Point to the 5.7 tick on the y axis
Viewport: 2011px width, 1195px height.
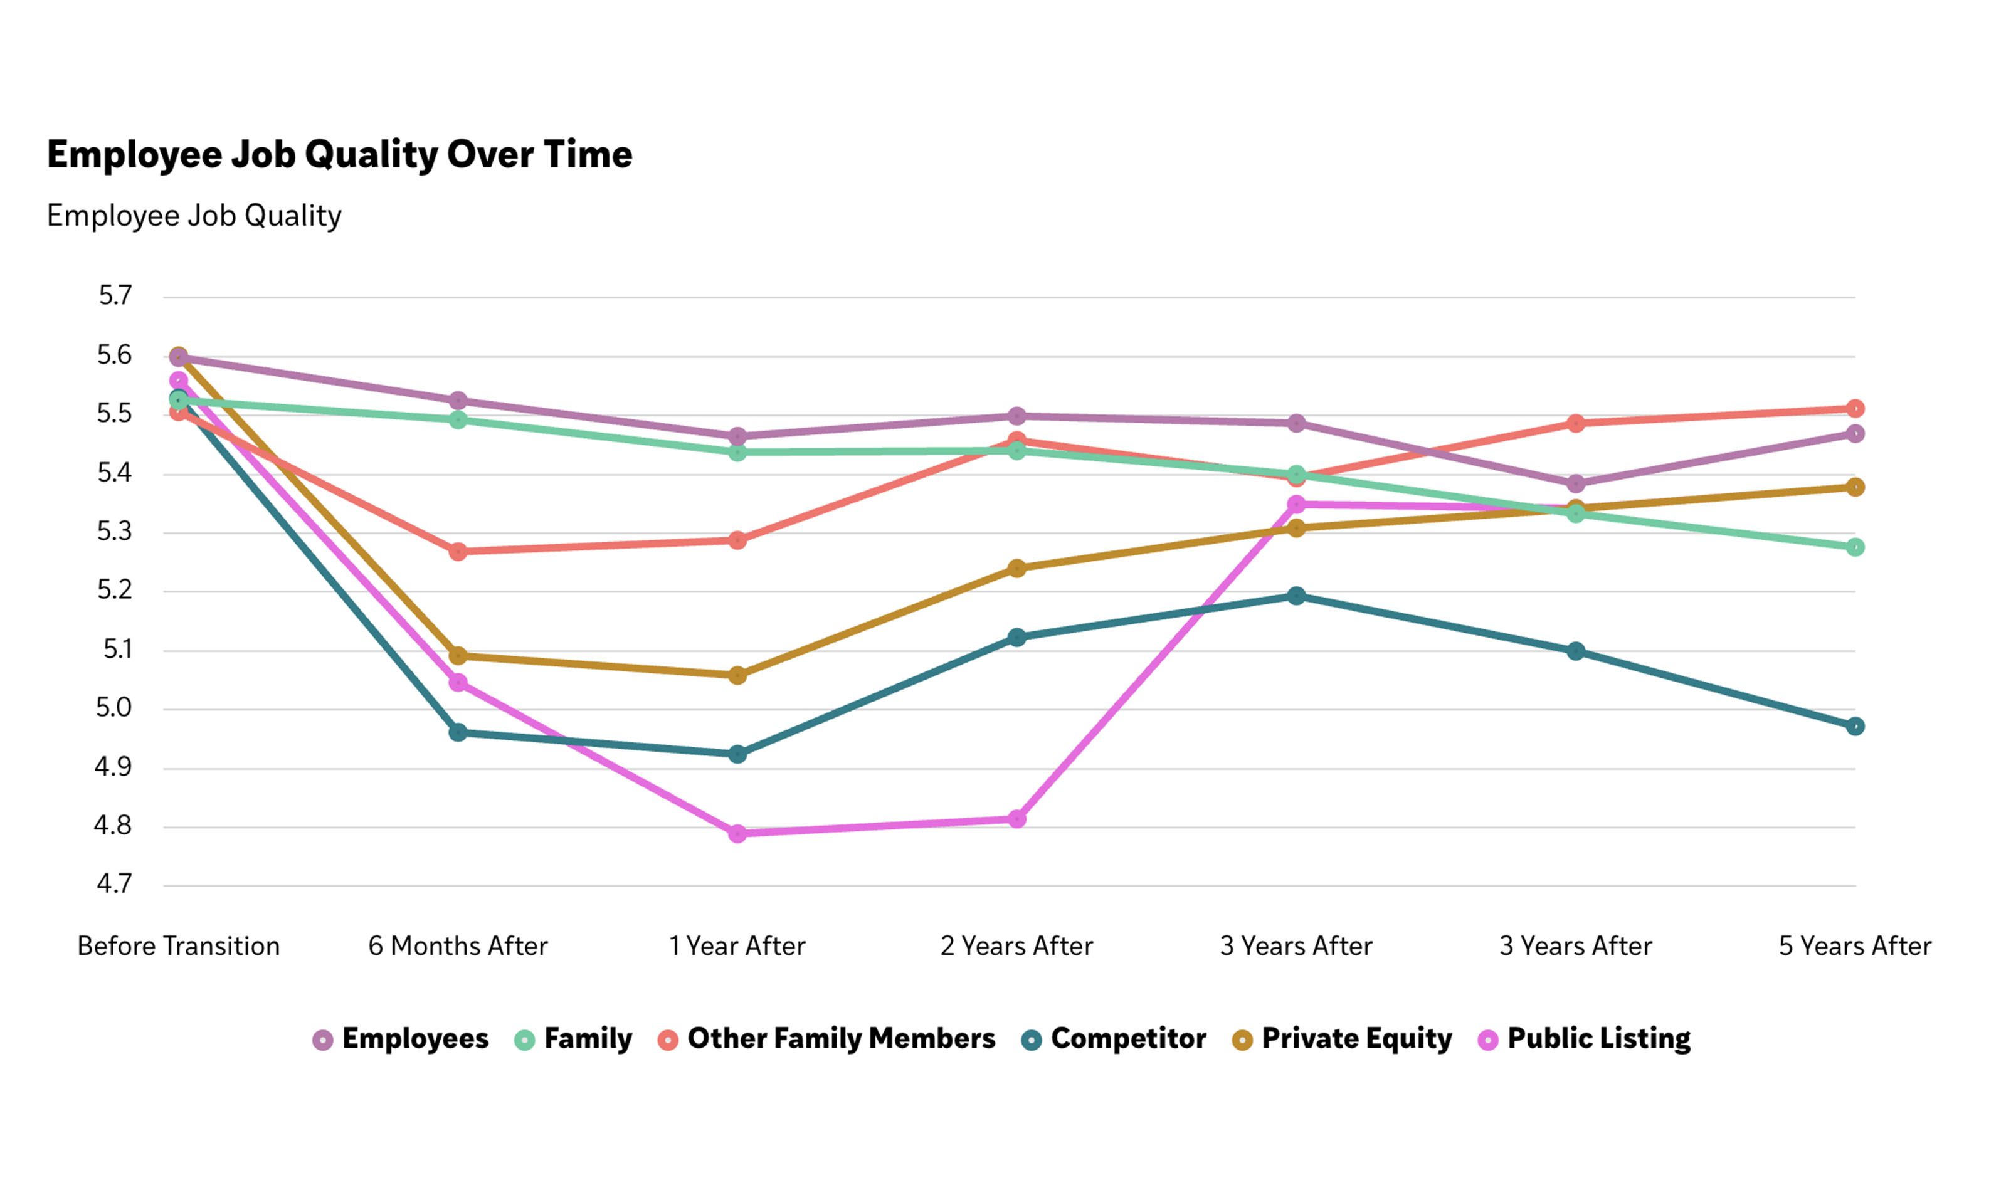tap(114, 295)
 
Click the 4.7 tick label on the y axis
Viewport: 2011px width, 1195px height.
tap(113, 884)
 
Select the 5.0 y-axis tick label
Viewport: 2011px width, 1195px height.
tap(113, 708)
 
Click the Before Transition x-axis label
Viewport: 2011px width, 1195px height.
tap(178, 945)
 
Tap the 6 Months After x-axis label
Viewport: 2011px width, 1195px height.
tap(458, 945)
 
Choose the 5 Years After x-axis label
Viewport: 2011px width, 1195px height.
tap(1854, 945)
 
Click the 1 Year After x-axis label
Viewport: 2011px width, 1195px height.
tap(736, 945)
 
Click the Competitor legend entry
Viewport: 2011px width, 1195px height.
tap(1114, 1039)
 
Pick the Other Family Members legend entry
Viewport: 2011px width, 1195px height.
tap(826, 1039)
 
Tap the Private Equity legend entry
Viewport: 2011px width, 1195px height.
tap(1343, 1039)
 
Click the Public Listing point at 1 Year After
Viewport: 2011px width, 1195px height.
tap(737, 833)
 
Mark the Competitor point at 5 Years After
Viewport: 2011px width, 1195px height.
tap(1854, 726)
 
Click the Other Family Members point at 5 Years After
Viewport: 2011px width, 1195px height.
tap(1854, 408)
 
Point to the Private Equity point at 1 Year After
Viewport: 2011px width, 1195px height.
tap(737, 675)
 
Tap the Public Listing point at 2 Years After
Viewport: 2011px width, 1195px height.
tap(1016, 819)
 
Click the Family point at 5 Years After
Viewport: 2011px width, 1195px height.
tap(1854, 547)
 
